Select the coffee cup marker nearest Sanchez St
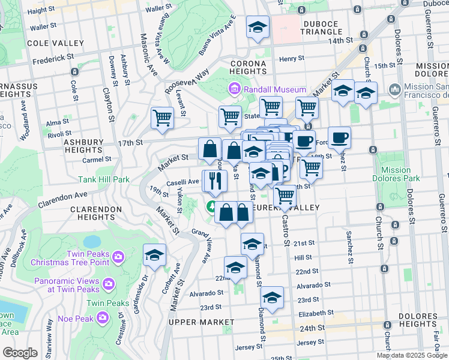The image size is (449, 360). (x=339, y=137)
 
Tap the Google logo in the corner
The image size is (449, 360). (x=20, y=353)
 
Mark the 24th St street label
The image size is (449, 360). (x=312, y=328)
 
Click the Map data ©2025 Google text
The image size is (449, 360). (x=412, y=355)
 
